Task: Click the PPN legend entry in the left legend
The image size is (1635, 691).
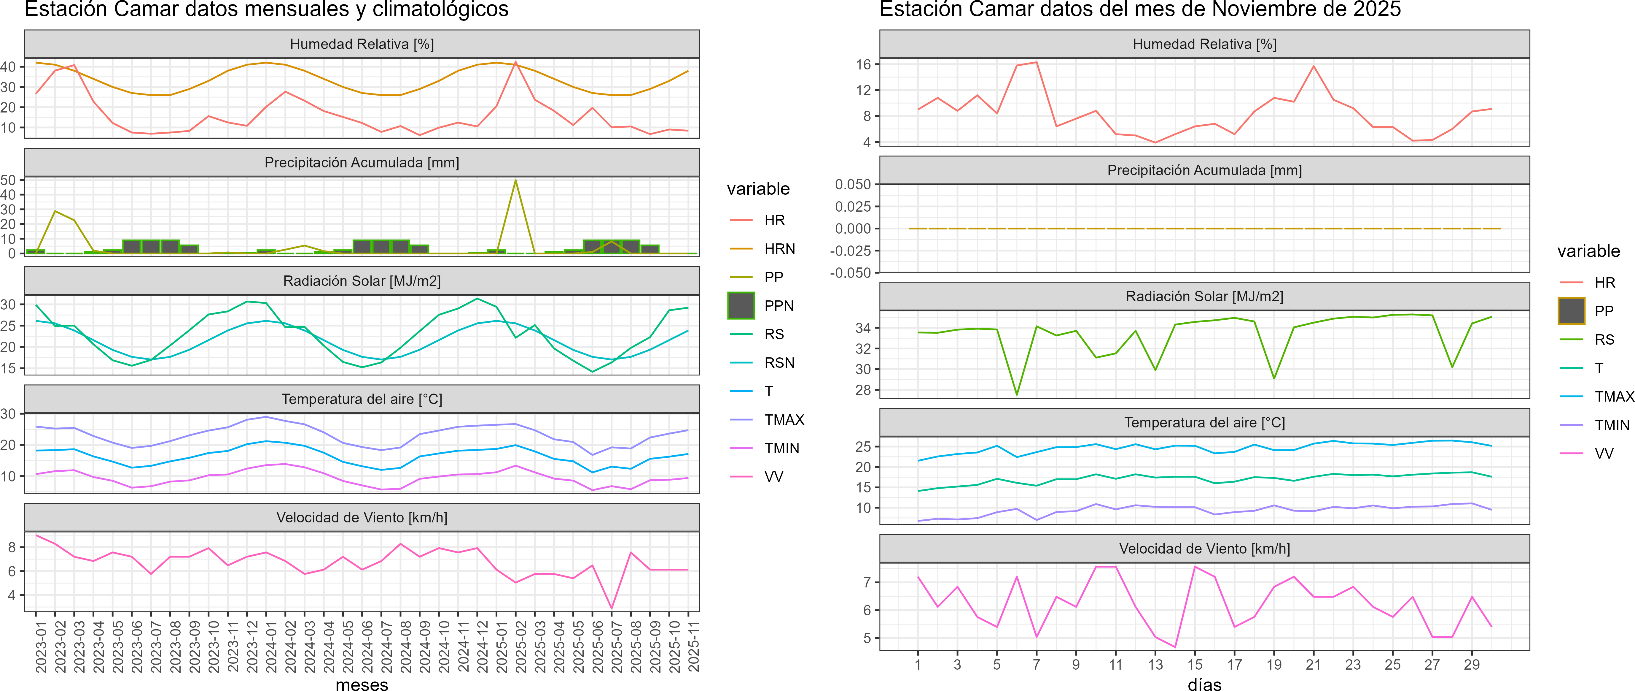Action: pyautogui.click(x=778, y=305)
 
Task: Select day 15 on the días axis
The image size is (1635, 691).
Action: pyautogui.click(x=1195, y=664)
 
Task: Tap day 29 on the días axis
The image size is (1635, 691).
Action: pyautogui.click(x=1471, y=664)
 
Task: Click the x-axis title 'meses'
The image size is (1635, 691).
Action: pyautogui.click(x=362, y=684)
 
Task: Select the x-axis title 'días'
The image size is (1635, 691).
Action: pyautogui.click(x=1204, y=684)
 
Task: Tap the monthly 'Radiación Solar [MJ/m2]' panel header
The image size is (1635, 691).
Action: pyautogui.click(x=362, y=281)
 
